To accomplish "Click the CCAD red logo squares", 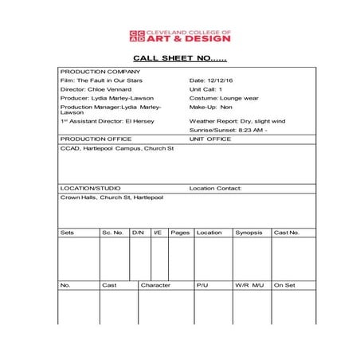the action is (x=137, y=36).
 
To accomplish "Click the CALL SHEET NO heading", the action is (x=179, y=58).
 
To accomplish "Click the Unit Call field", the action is (x=207, y=89).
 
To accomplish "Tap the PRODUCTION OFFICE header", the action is (x=96, y=139).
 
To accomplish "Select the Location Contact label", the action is (x=215, y=189).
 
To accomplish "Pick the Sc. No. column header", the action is (x=112, y=233).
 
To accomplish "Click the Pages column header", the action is (x=180, y=233).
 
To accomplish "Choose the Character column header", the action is (x=155, y=284).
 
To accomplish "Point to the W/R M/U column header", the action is (x=249, y=284).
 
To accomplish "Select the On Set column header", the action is (x=284, y=284).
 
